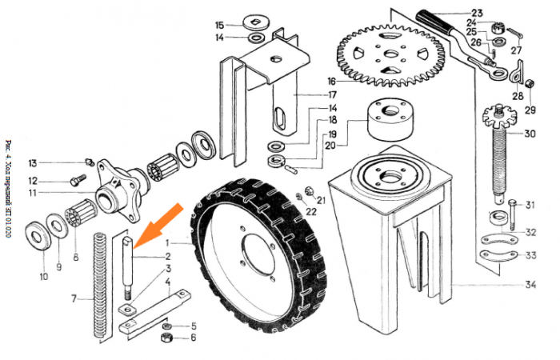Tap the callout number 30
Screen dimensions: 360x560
(530, 134)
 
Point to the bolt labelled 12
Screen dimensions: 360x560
(78, 180)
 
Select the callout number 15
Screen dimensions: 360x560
(219, 24)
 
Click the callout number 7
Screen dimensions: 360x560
(74, 298)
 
